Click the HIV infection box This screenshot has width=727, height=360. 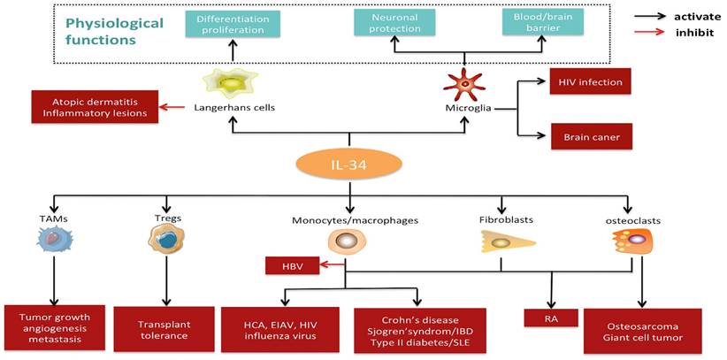pyautogui.click(x=591, y=82)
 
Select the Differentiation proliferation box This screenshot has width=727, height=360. pyautogui.click(x=234, y=23)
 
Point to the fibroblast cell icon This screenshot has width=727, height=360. pyautogui.click(x=501, y=241)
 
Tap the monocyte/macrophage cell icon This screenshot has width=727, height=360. pyautogui.click(x=347, y=241)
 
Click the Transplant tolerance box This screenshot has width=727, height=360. pyautogui.click(x=165, y=328)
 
